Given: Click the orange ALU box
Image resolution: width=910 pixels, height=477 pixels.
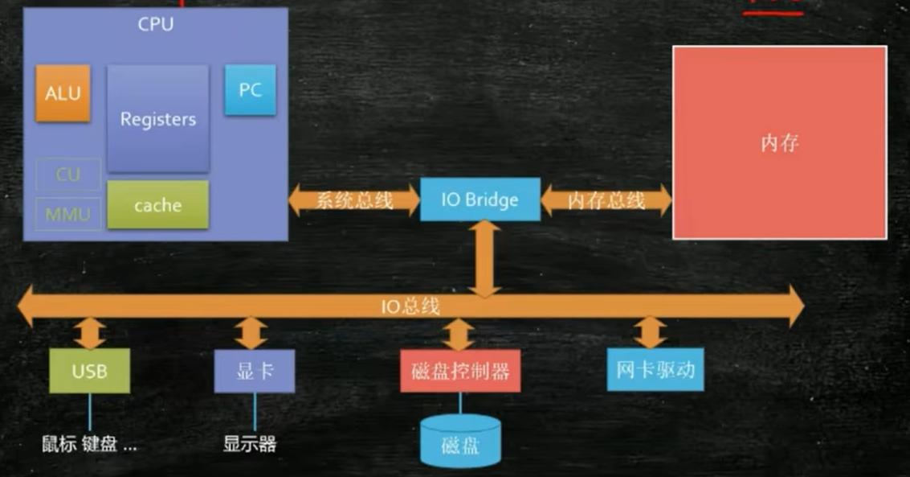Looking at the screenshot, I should tap(63, 93).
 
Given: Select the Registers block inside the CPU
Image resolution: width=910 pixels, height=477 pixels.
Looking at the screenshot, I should tap(158, 119).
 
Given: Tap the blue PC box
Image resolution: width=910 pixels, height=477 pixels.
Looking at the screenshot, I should tap(250, 90).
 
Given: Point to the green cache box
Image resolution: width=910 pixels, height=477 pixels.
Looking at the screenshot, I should tap(157, 205).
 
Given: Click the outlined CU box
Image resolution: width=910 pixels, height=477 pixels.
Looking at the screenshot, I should tap(68, 174).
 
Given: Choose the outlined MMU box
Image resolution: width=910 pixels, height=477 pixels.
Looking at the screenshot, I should tap(68, 214).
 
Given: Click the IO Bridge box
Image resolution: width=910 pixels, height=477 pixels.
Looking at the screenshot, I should tap(480, 199).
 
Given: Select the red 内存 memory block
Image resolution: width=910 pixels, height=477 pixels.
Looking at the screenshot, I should tap(779, 143).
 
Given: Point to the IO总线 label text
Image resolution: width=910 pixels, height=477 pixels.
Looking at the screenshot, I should tap(410, 306).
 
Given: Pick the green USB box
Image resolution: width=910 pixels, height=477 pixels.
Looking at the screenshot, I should tap(89, 372).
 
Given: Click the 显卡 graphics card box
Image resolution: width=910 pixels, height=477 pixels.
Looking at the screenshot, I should tap(254, 371).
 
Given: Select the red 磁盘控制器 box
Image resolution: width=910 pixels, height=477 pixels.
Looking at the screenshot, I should tap(460, 371).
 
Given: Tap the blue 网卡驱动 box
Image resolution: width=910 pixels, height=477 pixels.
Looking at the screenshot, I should tap(655, 370).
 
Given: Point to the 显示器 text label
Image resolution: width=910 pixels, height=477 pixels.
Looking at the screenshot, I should tap(250, 443).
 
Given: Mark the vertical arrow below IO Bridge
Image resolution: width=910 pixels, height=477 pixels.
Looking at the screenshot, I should tap(485, 257).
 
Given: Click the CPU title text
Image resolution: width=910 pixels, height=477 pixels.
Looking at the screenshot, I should tap(156, 23).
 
